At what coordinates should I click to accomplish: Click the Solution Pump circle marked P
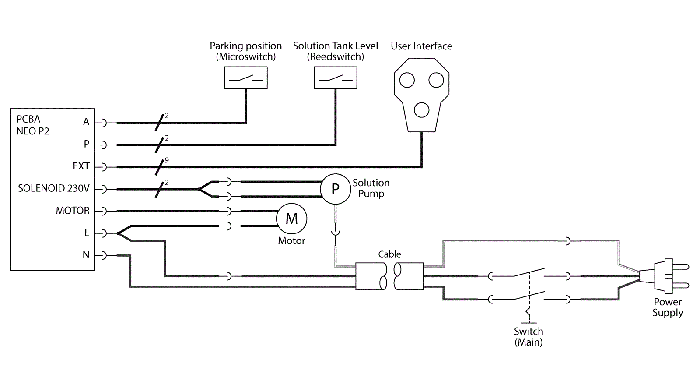point(335,189)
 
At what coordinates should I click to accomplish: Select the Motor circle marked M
point(291,219)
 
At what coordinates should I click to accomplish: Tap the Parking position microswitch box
point(246,78)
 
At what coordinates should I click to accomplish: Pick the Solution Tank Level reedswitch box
point(336,78)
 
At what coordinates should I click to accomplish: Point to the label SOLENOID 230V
point(53,188)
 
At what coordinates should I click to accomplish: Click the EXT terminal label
point(81,166)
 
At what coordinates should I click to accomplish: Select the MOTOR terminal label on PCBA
point(73,211)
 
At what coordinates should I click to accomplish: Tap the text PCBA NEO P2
point(32,125)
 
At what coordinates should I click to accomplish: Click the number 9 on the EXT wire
point(167,160)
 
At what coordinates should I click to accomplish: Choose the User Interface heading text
point(421,46)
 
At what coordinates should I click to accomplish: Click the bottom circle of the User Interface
point(421,110)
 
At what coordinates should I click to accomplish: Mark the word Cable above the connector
point(389,254)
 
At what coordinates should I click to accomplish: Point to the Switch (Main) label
point(528,337)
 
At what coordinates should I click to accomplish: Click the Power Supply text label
point(668,307)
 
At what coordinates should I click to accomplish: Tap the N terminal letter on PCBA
point(86,255)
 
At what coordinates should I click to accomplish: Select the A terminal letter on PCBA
point(86,122)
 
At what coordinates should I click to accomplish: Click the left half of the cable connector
point(371,276)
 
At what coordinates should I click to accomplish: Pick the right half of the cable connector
point(409,276)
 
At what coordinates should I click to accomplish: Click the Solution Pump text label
point(371,188)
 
